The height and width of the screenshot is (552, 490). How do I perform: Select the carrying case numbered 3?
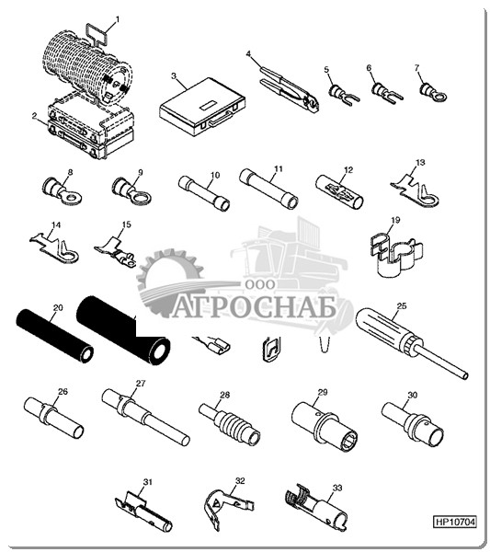point(202,108)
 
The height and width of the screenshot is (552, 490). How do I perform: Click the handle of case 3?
point(221,119)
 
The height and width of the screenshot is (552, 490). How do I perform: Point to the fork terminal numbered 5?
point(343,95)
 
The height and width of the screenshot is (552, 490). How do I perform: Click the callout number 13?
point(420,162)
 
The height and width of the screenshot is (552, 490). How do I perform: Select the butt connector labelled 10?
point(204,193)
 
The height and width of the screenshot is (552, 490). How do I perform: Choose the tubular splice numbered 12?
point(339,192)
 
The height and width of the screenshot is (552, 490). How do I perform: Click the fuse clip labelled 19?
point(396,253)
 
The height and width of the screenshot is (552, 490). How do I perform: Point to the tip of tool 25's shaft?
point(466,376)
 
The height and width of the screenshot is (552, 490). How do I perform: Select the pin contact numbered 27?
point(145,417)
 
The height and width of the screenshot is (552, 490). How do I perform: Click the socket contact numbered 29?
point(324,427)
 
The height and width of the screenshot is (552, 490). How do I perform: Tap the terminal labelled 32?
point(228,507)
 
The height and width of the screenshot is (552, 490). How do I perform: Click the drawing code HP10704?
point(455,521)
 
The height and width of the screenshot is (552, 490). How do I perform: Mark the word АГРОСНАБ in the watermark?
point(254,309)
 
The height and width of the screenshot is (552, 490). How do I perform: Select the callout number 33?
point(337,489)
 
